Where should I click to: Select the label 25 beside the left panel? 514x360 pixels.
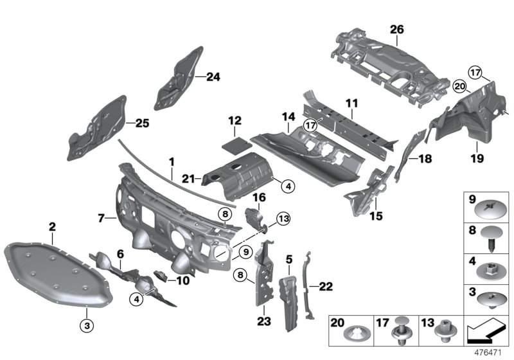[141, 122]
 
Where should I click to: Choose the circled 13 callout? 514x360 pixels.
[284, 220]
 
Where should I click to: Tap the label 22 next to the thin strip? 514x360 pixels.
[326, 285]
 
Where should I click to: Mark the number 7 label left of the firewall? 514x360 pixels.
[101, 218]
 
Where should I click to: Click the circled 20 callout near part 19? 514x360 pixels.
[459, 85]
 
